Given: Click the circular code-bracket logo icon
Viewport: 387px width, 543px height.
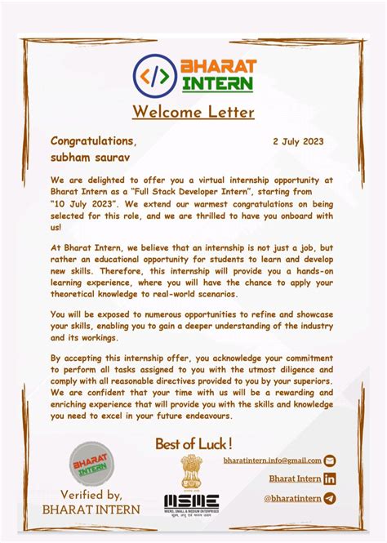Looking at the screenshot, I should (155, 74).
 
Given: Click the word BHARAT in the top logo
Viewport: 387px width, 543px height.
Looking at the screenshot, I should (218, 65).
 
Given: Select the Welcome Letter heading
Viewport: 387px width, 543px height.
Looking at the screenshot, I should (193, 112).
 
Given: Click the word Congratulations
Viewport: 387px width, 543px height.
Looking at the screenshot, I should (93, 141).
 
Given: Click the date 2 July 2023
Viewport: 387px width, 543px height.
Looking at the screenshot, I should (298, 141).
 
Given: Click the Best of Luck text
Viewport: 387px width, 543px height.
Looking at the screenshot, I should (194, 443).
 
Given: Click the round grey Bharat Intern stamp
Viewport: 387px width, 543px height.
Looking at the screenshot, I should (91, 465).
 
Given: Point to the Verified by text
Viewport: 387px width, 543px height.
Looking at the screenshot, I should (91, 495).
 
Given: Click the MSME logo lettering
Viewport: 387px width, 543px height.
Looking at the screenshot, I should (191, 501).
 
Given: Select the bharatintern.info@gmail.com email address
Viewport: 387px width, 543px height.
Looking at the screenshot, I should (272, 461).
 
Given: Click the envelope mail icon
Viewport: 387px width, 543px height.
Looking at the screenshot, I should (330, 461).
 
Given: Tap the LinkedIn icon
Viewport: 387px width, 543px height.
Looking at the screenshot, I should (330, 479).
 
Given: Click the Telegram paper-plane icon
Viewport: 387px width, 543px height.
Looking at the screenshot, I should (330, 498).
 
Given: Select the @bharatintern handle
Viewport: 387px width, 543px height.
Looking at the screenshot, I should (291, 498).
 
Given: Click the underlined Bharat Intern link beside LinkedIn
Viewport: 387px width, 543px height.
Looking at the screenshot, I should (295, 479).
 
